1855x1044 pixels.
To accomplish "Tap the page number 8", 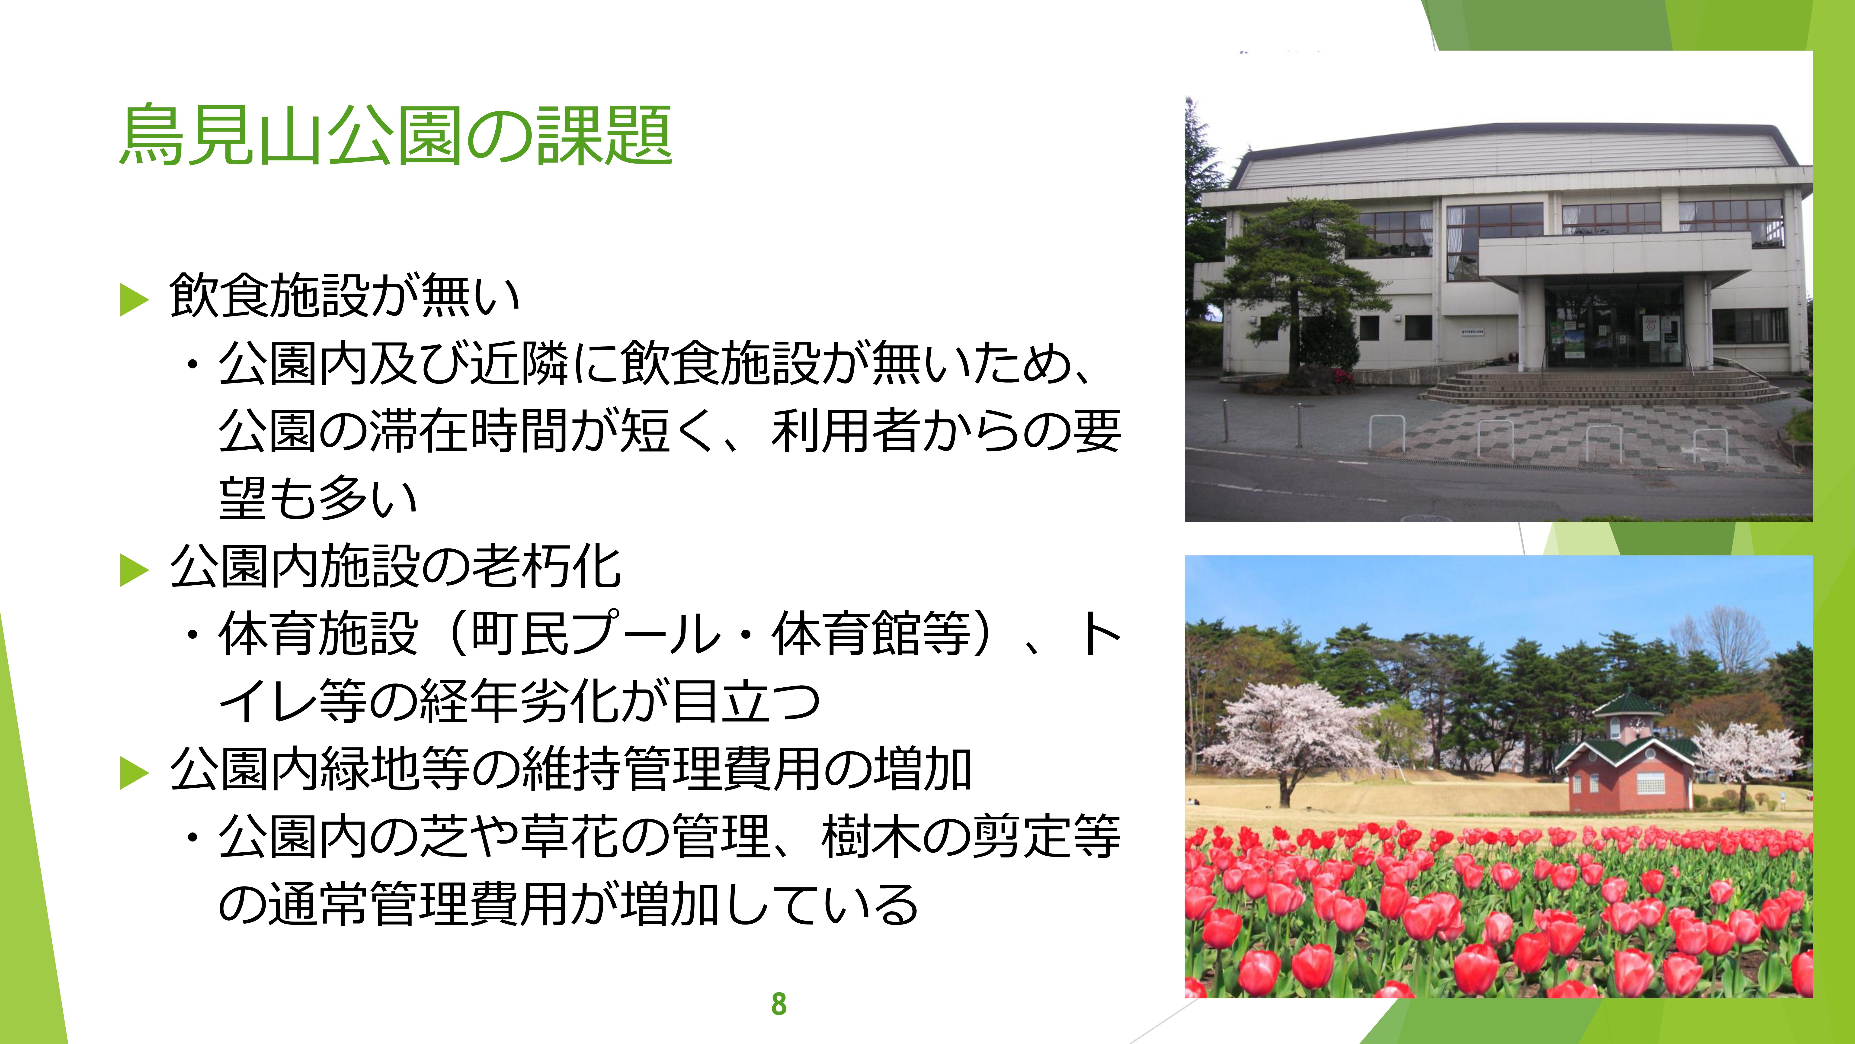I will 779,1004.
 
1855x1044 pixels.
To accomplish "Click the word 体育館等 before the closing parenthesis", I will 871,634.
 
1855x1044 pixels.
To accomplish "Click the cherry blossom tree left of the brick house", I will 1289,735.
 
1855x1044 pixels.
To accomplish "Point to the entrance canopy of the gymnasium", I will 1613,259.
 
